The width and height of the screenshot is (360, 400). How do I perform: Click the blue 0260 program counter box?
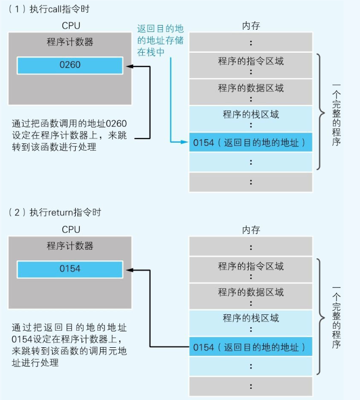click(70, 66)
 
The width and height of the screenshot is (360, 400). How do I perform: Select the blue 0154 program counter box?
click(70, 269)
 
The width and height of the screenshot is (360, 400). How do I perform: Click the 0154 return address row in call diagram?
click(251, 143)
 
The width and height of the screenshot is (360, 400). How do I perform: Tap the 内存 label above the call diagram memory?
click(251, 26)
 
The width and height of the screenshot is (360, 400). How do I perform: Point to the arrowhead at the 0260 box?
click(128, 66)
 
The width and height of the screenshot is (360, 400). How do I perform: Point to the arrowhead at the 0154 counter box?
click(128, 270)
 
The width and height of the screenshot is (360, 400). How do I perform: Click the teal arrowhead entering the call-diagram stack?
click(186, 143)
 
